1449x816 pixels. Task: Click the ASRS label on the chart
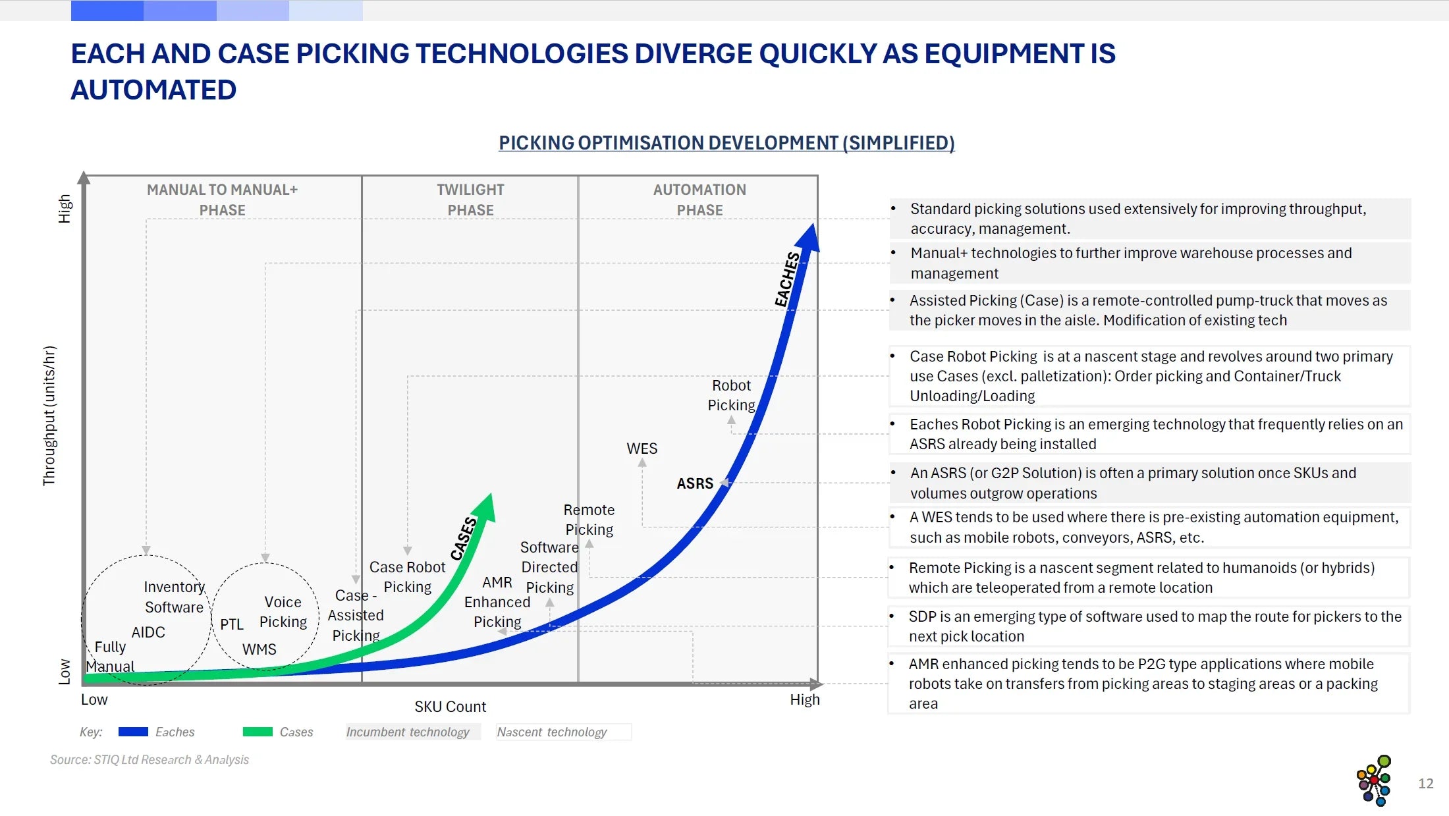(695, 483)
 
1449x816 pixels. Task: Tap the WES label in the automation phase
(642, 449)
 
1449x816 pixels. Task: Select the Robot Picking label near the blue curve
(731, 395)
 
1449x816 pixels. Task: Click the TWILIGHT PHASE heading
(470, 200)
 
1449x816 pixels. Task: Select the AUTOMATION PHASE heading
(699, 200)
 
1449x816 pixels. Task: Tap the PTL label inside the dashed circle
(231, 624)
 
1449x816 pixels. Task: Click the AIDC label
(148, 632)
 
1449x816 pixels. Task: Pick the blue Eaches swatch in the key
(133, 732)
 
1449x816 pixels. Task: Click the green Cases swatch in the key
(257, 732)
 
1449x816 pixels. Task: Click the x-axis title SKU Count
(450, 707)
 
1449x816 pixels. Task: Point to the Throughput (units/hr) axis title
(49, 416)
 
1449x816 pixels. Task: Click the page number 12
(1425, 784)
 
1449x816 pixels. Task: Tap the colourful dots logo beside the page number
(1374, 780)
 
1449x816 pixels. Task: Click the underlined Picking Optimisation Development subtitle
(726, 143)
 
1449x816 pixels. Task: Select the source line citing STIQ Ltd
(150, 759)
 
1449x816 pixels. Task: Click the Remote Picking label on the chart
(589, 520)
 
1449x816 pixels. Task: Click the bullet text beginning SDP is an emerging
(1155, 626)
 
